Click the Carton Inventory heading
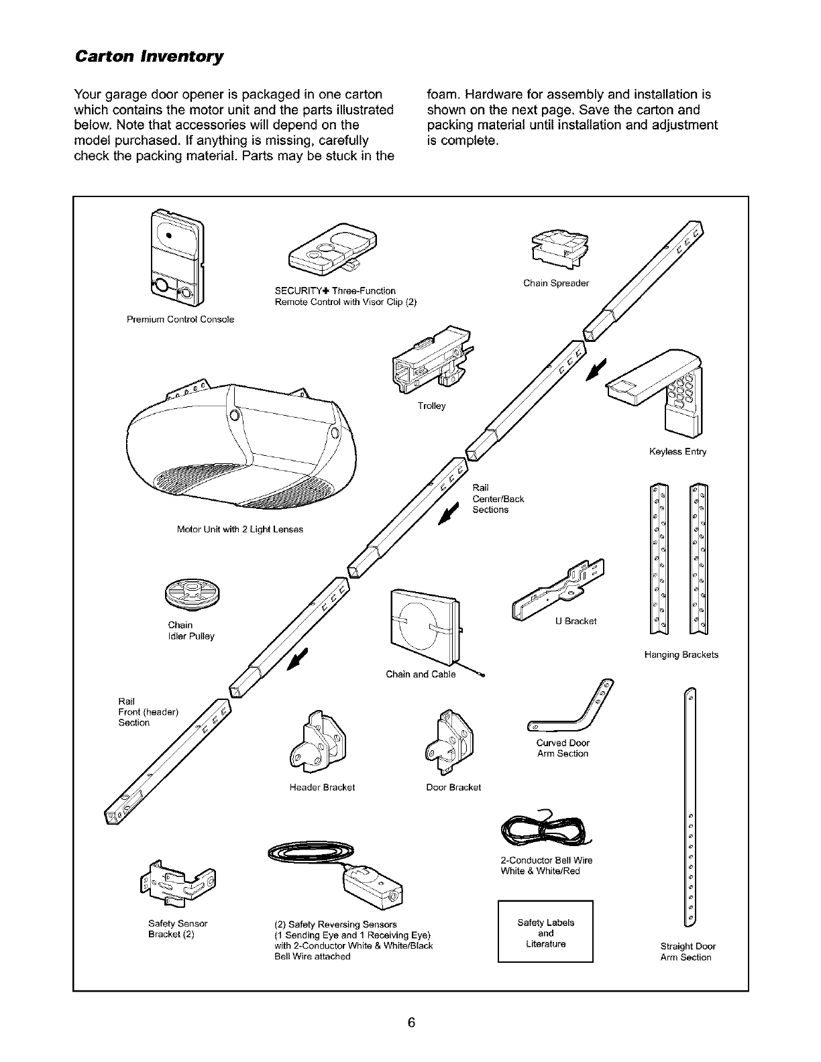(x=150, y=55)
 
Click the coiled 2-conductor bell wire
(x=547, y=831)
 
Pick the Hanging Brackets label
(x=681, y=654)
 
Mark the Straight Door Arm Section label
(x=688, y=952)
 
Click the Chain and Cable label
(x=421, y=674)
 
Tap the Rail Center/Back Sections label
(x=498, y=498)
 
